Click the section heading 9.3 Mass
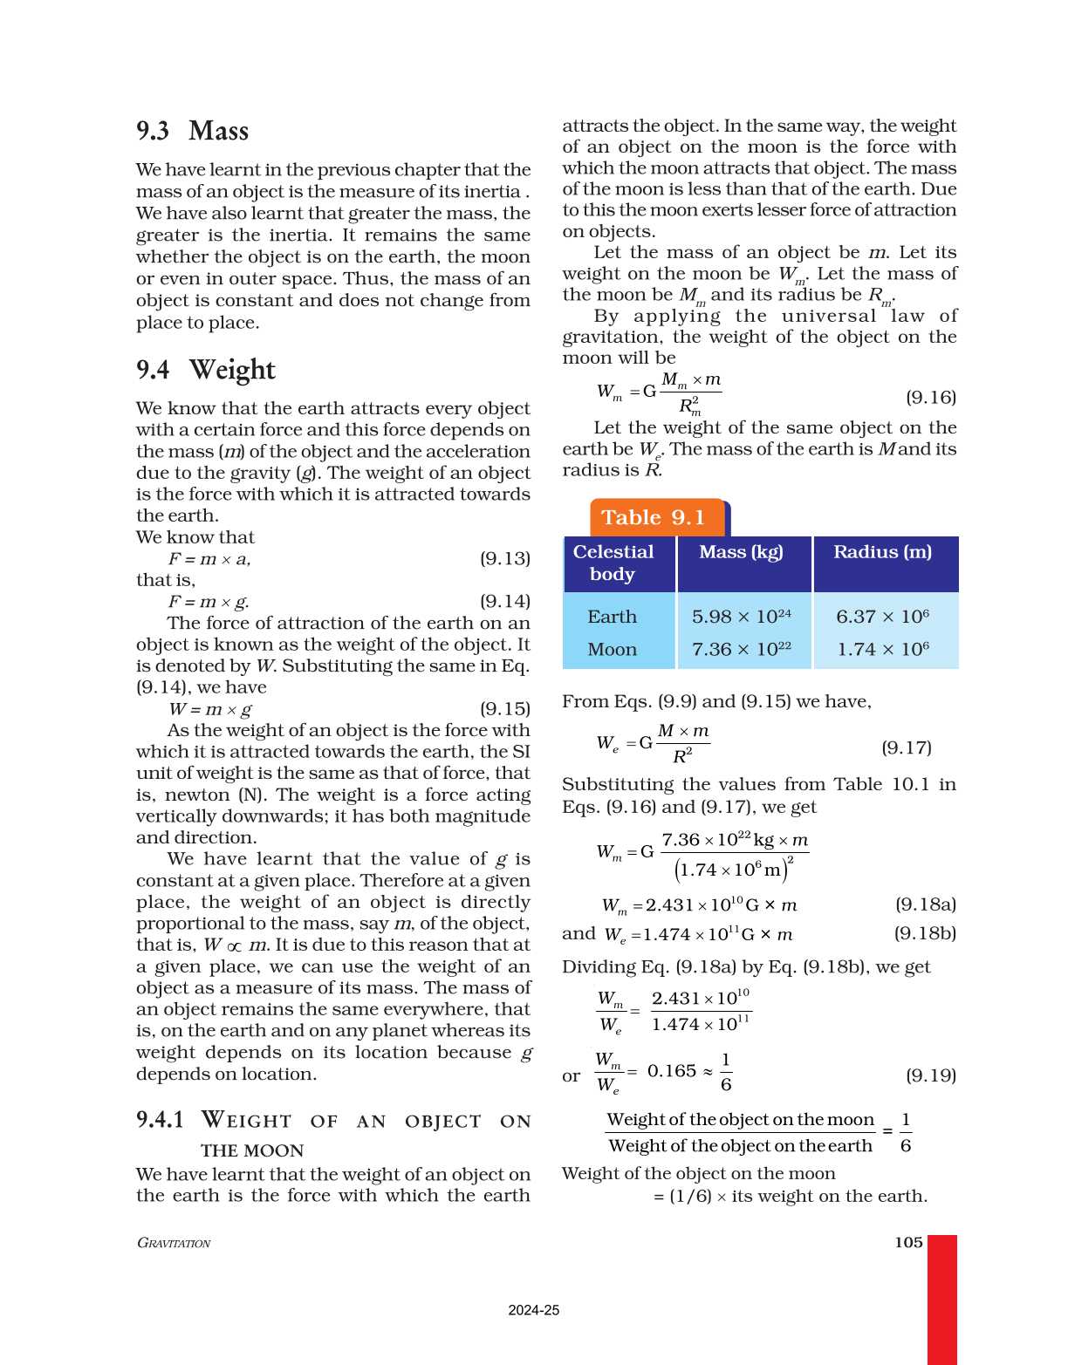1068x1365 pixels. pos(193,131)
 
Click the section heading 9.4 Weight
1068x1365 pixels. pos(206,370)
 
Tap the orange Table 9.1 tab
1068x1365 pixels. pos(654,517)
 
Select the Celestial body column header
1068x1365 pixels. pos(613,563)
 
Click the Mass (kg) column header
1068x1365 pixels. pos(741,552)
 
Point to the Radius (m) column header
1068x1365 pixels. pos(882,552)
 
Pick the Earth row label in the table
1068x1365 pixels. pos(612,617)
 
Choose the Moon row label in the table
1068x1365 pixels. pos(612,649)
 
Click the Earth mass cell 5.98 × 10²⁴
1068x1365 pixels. pos(742,617)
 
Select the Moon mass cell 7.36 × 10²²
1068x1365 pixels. pos(742,649)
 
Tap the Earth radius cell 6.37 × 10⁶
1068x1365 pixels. pos(882,617)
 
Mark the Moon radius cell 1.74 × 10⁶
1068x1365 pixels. pos(882,649)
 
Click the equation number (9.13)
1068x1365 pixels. pos(505,558)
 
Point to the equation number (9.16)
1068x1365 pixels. pos(931,398)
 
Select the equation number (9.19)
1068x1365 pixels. pos(931,1075)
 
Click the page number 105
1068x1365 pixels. pos(908,1242)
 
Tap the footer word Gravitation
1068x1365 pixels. pos(174,1243)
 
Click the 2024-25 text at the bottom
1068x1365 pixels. pos(534,1310)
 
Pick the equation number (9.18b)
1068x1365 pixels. pos(925,933)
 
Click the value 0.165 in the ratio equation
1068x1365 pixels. pos(672,1071)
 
